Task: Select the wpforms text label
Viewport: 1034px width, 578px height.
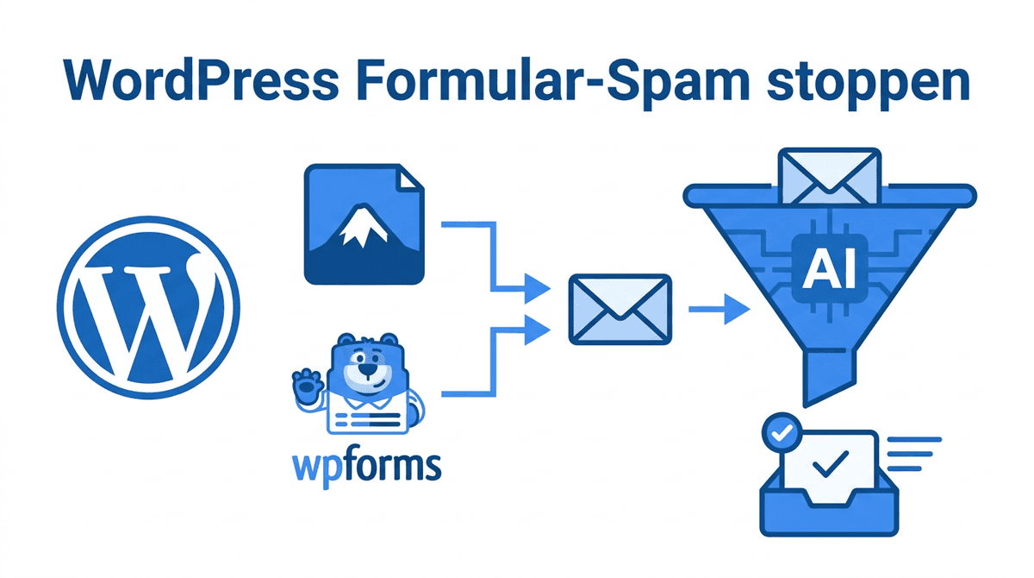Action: (x=367, y=464)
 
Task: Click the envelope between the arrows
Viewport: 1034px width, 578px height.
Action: (x=620, y=310)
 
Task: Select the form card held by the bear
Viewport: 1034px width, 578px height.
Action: (x=367, y=418)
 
